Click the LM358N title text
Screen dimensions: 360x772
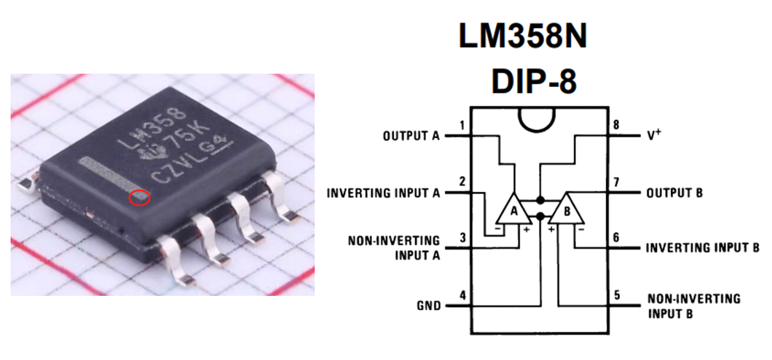point(522,37)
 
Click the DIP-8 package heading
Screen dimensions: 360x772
point(534,82)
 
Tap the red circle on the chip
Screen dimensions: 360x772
point(140,198)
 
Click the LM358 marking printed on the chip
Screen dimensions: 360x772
point(152,129)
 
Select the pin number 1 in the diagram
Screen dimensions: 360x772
point(463,126)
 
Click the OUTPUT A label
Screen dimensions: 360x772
point(411,136)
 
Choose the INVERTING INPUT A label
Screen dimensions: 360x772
point(383,193)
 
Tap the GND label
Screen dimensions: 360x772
point(429,306)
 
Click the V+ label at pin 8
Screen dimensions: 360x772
point(654,136)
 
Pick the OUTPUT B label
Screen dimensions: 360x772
point(675,193)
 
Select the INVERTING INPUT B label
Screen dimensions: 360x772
point(702,248)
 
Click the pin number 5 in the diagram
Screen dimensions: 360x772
point(617,295)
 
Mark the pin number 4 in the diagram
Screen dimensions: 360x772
point(463,295)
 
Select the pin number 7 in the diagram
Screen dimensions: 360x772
point(617,182)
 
